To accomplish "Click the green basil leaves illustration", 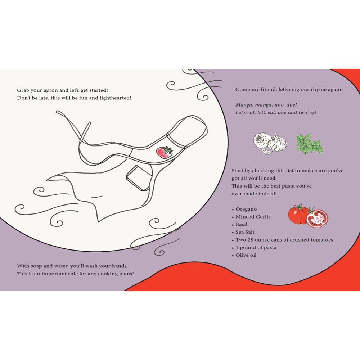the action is click(x=309, y=144).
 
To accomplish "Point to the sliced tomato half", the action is click(x=318, y=219).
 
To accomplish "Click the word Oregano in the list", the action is click(x=246, y=209).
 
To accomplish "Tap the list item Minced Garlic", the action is click(x=253, y=217).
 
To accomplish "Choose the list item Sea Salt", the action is click(x=245, y=232).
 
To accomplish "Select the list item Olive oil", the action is click(x=246, y=255).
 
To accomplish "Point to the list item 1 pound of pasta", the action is click(x=256, y=248).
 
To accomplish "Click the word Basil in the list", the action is click(x=241, y=224).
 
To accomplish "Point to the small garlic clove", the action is click(x=267, y=151).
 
